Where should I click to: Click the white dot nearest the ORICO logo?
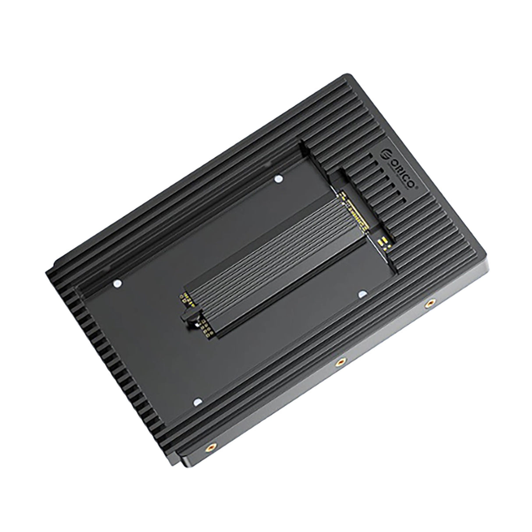[277, 178]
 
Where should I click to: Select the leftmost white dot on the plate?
[117, 284]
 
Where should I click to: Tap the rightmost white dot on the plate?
[362, 293]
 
